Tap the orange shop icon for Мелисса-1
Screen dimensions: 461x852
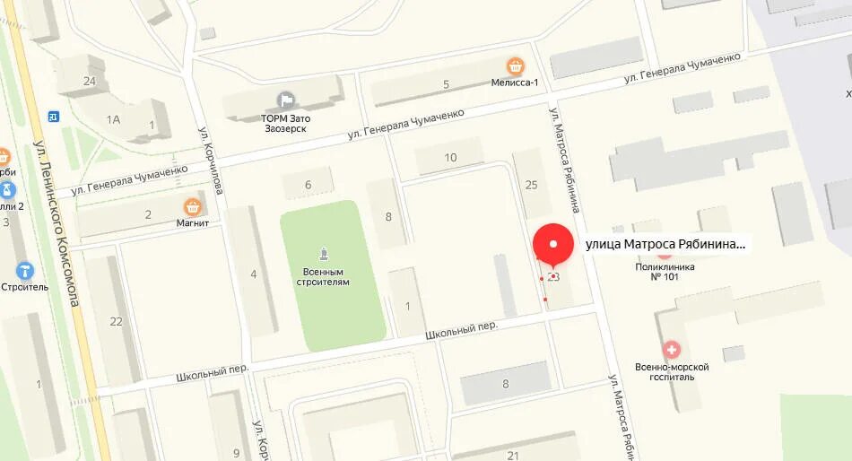(x=515, y=66)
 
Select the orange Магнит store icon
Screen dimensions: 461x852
(x=192, y=207)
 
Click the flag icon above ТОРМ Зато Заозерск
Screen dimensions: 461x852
(x=285, y=100)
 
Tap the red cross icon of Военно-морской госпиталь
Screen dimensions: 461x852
(x=671, y=349)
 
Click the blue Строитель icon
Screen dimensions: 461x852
(x=24, y=271)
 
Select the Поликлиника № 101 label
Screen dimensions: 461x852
(x=665, y=271)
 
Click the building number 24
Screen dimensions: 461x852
(x=89, y=81)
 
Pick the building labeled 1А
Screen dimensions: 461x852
(x=113, y=119)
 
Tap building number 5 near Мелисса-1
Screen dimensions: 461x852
(x=446, y=84)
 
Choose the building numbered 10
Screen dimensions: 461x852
(x=450, y=158)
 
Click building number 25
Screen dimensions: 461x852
(x=531, y=185)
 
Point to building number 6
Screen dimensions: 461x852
(x=308, y=185)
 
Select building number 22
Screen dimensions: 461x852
(x=116, y=321)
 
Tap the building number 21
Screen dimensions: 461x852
(x=513, y=456)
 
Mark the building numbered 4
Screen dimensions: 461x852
(x=253, y=274)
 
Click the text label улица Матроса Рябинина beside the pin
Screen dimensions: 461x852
(x=665, y=244)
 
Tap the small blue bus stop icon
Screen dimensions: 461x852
(x=53, y=116)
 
